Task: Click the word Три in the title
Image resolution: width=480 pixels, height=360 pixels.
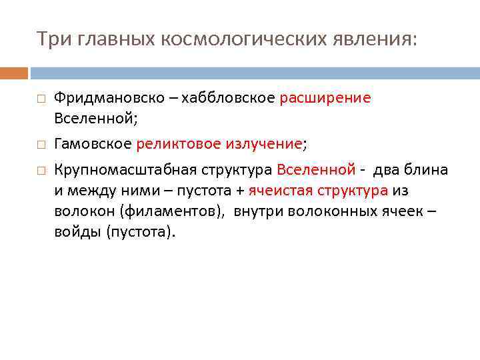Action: [49, 39]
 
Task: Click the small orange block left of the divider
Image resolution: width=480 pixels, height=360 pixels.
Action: [14, 73]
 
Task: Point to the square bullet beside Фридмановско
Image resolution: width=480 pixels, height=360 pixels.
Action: [41, 99]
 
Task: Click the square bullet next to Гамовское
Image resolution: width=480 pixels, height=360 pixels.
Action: [41, 144]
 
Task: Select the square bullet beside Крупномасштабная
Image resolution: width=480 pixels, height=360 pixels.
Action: [41, 171]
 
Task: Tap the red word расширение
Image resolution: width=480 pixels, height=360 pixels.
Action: [325, 98]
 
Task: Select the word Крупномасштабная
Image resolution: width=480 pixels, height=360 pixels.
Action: [110, 170]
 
